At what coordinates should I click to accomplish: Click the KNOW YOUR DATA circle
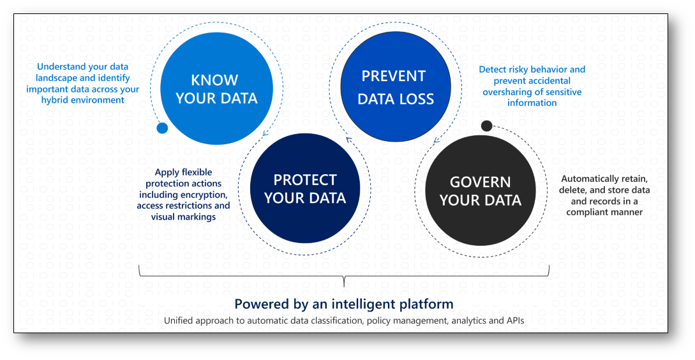pyautogui.click(x=216, y=88)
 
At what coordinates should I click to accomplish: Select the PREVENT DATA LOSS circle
pyautogui.click(x=396, y=86)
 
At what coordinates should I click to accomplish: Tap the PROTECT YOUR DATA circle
pyautogui.click(x=305, y=188)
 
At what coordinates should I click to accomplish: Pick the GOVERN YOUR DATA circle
pyautogui.click(x=480, y=191)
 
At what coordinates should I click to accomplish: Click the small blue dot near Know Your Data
pyautogui.click(x=162, y=128)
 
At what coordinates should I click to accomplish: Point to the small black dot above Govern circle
pyautogui.click(x=486, y=126)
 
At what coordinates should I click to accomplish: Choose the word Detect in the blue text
pyautogui.click(x=493, y=69)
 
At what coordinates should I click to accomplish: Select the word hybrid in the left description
pyautogui.click(x=54, y=100)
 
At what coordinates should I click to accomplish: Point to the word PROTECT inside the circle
pyautogui.click(x=305, y=180)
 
